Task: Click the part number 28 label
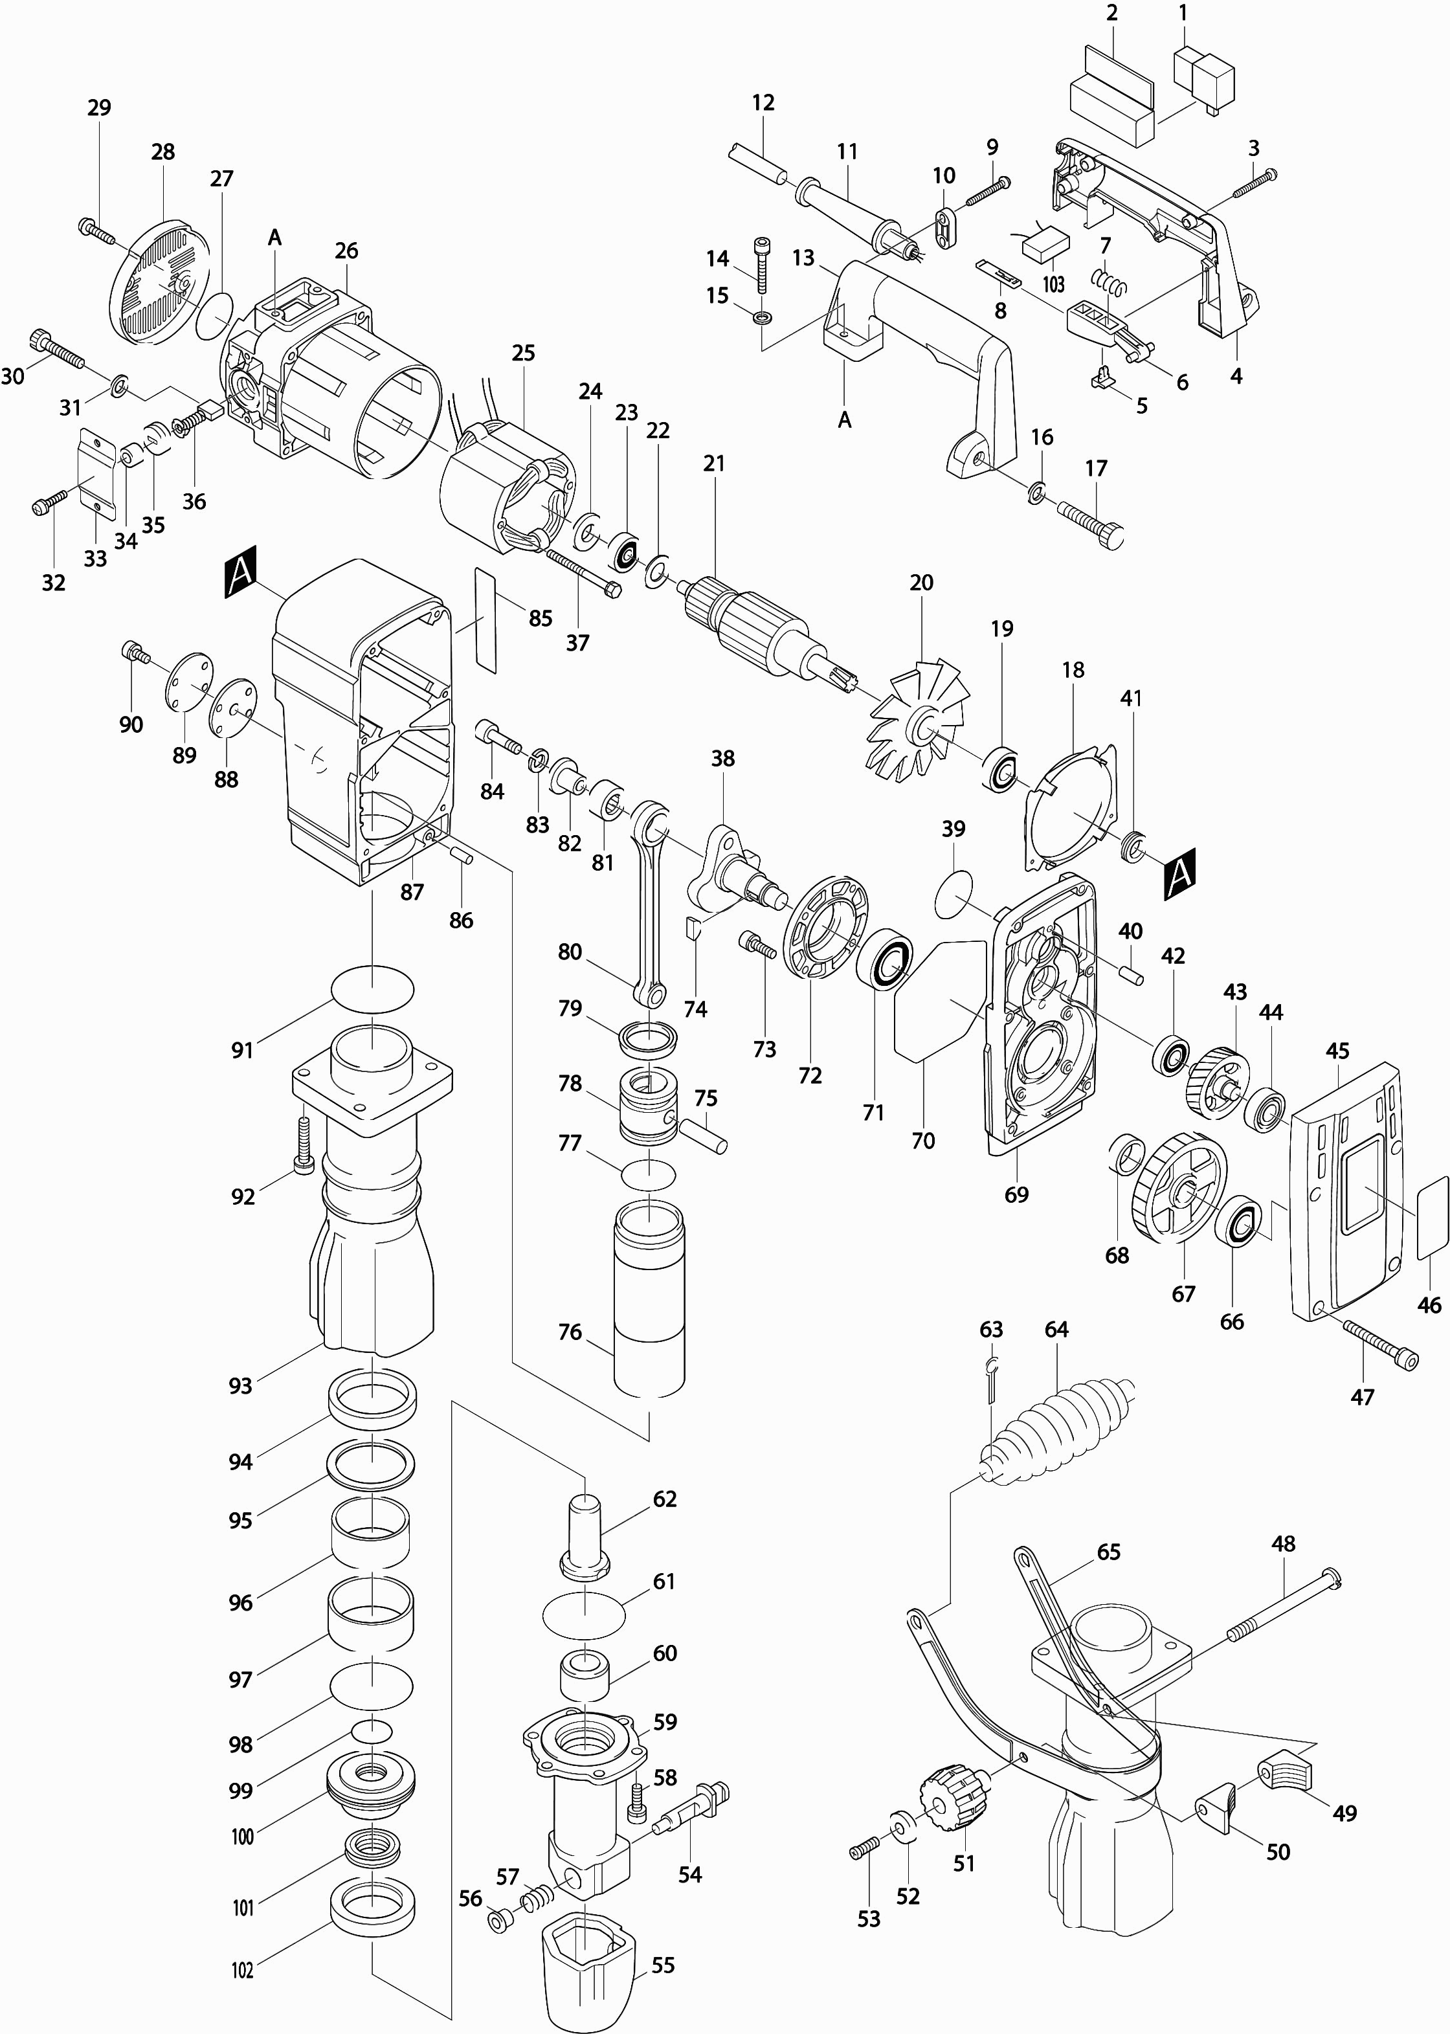point(163,151)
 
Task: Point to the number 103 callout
point(1054,285)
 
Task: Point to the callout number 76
point(570,1332)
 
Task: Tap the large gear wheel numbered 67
point(1177,1187)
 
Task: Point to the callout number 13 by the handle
point(803,259)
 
